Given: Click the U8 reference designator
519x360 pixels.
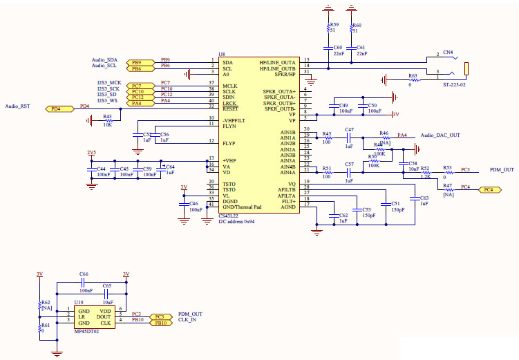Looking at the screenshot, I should tap(221, 54).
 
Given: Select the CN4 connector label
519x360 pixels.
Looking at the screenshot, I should tap(448, 52).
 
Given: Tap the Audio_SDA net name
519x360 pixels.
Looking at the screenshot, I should tap(104, 60).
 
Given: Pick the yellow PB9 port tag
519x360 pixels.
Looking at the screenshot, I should tap(136, 62).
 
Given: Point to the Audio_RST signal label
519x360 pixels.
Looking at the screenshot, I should tap(17, 106).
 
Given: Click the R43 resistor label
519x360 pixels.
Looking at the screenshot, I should tap(107, 117).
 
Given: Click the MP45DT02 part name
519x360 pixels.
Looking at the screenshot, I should tap(87, 332).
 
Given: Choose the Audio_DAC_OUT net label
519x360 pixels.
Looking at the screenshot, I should tap(440, 135).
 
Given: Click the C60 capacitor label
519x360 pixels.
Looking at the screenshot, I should tap(338, 48).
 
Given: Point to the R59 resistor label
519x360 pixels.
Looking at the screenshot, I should tap(334, 25).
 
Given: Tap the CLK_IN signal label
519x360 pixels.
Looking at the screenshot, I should tap(187, 320).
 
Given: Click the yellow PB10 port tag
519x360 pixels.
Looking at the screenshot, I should tap(160, 323).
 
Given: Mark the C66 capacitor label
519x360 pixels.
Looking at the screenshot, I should tap(84, 274).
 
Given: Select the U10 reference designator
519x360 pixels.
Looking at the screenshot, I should tap(79, 302).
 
